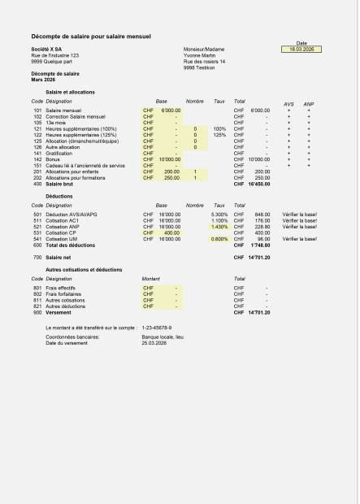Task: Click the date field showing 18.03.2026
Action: click(x=301, y=50)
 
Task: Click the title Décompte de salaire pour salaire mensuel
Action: click(x=91, y=37)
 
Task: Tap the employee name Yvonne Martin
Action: click(x=202, y=55)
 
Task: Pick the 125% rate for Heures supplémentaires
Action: click(x=219, y=135)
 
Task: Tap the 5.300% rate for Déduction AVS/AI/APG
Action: click(x=219, y=215)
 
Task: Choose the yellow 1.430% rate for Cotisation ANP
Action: click(x=219, y=227)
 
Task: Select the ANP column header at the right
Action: click(x=309, y=104)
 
